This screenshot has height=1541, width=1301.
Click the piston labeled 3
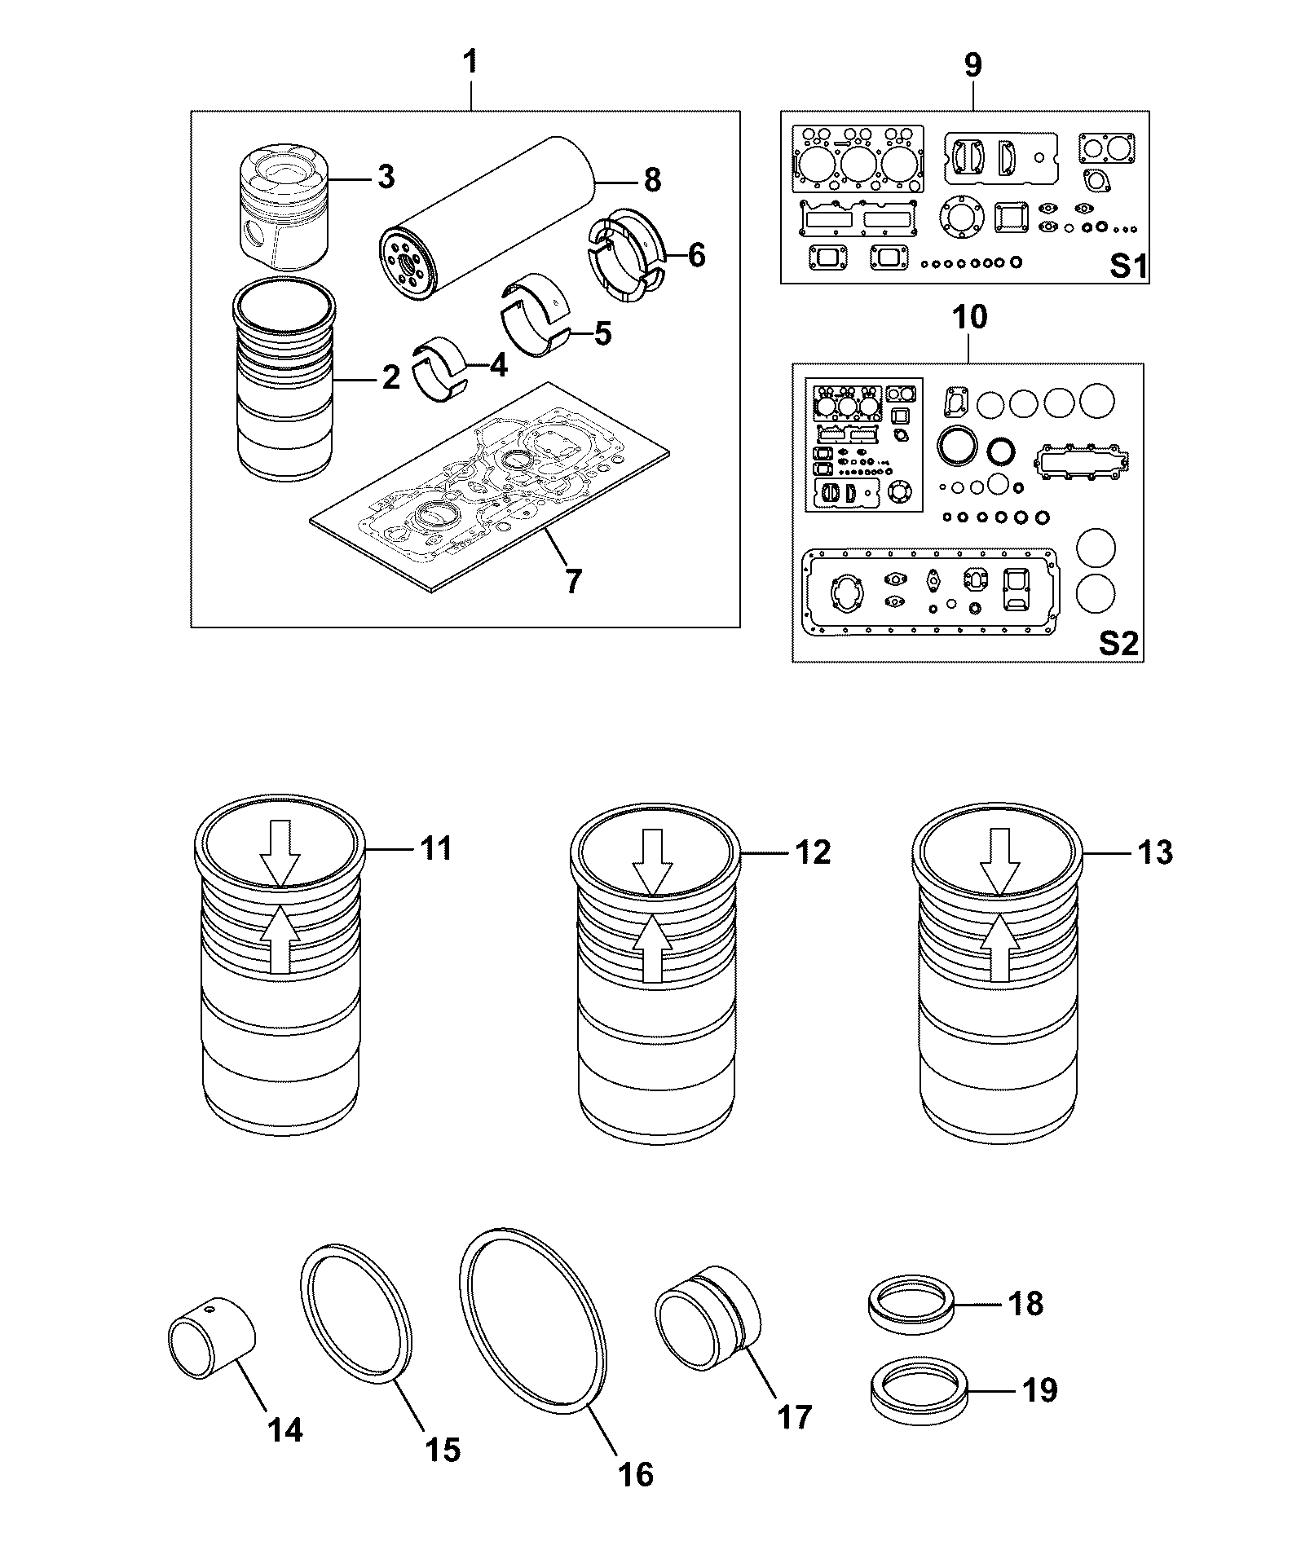coord(282,209)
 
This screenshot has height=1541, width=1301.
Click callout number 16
coord(636,1474)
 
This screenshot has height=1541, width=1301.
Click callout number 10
coord(968,317)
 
